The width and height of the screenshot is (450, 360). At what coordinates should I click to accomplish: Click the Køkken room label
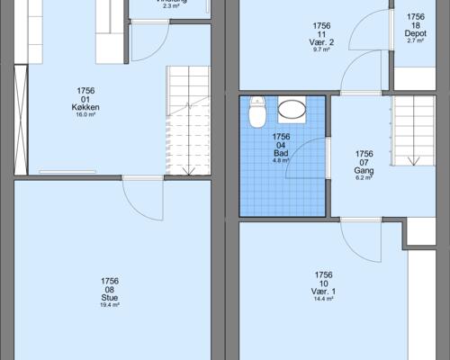[x=86, y=106]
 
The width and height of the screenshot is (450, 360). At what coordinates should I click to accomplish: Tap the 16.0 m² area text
[x=86, y=115]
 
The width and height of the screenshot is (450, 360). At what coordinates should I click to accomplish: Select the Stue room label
[x=111, y=298]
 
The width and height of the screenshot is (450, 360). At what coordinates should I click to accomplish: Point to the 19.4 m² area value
[x=111, y=306]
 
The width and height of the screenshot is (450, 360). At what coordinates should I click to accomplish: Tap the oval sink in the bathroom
[x=292, y=111]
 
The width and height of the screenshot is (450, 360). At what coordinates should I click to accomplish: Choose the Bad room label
[x=281, y=153]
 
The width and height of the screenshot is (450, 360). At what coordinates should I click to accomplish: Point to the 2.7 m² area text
[x=415, y=40]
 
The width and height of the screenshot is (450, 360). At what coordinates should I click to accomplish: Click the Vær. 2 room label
[x=322, y=42]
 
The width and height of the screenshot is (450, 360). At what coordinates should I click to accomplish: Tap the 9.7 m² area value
[x=322, y=50]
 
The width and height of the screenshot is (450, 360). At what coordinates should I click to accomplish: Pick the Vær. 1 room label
[x=323, y=292]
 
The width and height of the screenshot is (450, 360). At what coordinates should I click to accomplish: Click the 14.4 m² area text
[x=323, y=300]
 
